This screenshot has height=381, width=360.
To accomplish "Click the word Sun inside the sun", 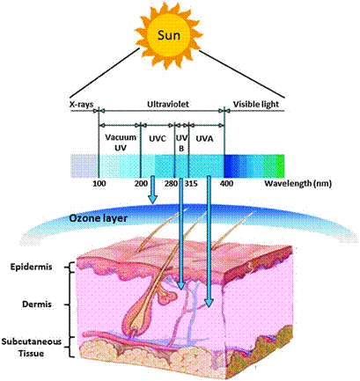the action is (169, 35).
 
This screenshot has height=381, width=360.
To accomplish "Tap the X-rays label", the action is (82, 104).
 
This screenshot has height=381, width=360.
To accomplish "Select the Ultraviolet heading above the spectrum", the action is (168, 104).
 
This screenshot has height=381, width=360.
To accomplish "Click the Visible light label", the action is (256, 105).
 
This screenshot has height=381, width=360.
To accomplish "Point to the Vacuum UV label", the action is (121, 143).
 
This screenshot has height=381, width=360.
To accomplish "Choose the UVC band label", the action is (158, 138).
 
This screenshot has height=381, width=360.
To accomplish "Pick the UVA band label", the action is (204, 138).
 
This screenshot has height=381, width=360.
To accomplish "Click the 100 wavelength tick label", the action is (99, 184).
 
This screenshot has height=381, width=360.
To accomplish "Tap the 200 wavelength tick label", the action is (141, 184).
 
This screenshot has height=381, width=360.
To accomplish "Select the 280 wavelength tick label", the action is (171, 184).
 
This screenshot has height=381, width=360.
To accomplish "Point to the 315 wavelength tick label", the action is (191, 184).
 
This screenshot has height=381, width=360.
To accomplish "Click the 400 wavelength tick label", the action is (226, 184).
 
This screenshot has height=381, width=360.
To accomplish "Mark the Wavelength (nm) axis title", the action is (298, 184).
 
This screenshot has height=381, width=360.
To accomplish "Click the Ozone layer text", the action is (98, 218).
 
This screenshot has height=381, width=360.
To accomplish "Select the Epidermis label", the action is (32, 267).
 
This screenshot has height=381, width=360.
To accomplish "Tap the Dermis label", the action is (37, 304).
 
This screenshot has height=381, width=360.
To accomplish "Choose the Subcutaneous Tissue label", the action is (32, 348).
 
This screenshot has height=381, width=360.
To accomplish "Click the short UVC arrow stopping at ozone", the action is (152, 190).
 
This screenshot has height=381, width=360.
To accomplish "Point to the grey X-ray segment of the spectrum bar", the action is (84, 166).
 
